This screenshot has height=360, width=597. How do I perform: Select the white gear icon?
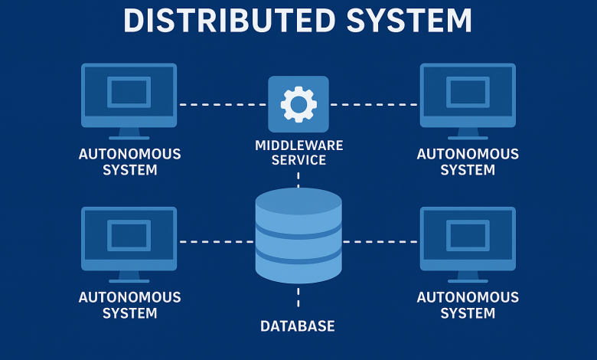tap(298, 104)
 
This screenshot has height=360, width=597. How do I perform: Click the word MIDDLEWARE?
tap(298, 145)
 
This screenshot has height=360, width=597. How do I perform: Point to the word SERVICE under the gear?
tap(298, 160)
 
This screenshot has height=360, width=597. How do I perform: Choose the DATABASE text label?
tap(298, 326)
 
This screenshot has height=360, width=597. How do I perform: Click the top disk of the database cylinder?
tap(298, 203)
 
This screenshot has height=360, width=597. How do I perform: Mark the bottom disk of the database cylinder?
tap(298, 269)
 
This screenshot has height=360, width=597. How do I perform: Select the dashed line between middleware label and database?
tap(298, 178)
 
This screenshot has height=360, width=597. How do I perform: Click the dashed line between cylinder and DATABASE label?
tap(298, 296)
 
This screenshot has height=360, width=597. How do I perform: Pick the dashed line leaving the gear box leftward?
tap(223, 104)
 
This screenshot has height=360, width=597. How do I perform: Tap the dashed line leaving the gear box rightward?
tap(374, 104)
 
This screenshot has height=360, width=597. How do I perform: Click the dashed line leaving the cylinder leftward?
tap(216, 241)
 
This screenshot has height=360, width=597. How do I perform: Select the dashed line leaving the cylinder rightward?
tap(380, 241)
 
